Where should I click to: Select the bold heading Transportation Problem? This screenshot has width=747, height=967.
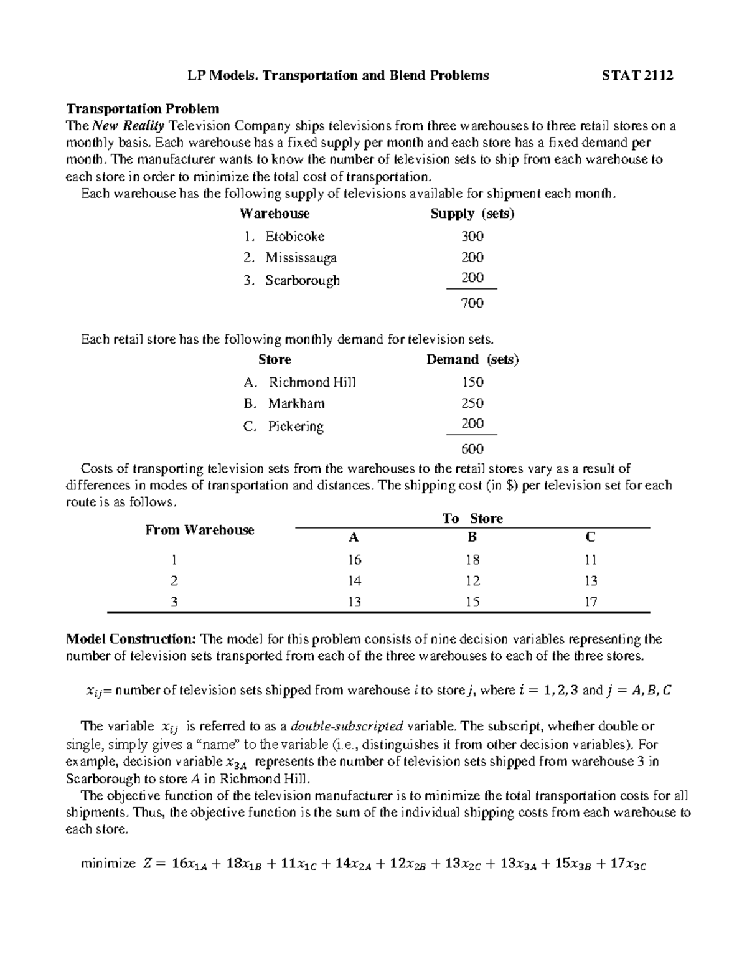click(x=143, y=109)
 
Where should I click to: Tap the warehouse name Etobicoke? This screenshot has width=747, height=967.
click(x=294, y=237)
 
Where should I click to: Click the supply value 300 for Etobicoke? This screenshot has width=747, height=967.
click(x=472, y=237)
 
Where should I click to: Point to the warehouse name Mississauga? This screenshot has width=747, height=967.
click(x=301, y=258)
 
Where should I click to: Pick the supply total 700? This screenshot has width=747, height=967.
click(x=472, y=303)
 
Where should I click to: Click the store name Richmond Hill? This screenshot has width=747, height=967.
click(x=312, y=382)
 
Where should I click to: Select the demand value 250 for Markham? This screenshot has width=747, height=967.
click(x=472, y=403)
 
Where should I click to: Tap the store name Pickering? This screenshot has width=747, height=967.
click(x=296, y=427)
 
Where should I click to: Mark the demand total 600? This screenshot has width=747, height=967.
click(x=472, y=449)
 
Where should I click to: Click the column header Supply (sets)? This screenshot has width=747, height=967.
click(x=472, y=214)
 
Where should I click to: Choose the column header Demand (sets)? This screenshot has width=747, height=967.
click(x=472, y=360)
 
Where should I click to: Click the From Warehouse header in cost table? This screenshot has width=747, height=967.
click(x=199, y=530)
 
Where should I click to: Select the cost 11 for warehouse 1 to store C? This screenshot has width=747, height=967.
click(x=590, y=560)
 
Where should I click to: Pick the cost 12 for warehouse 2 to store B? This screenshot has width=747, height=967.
click(x=472, y=581)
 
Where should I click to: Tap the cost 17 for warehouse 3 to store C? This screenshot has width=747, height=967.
click(x=590, y=602)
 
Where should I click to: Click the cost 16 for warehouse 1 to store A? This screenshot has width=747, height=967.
click(x=354, y=560)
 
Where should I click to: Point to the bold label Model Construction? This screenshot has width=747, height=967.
click(x=131, y=639)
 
